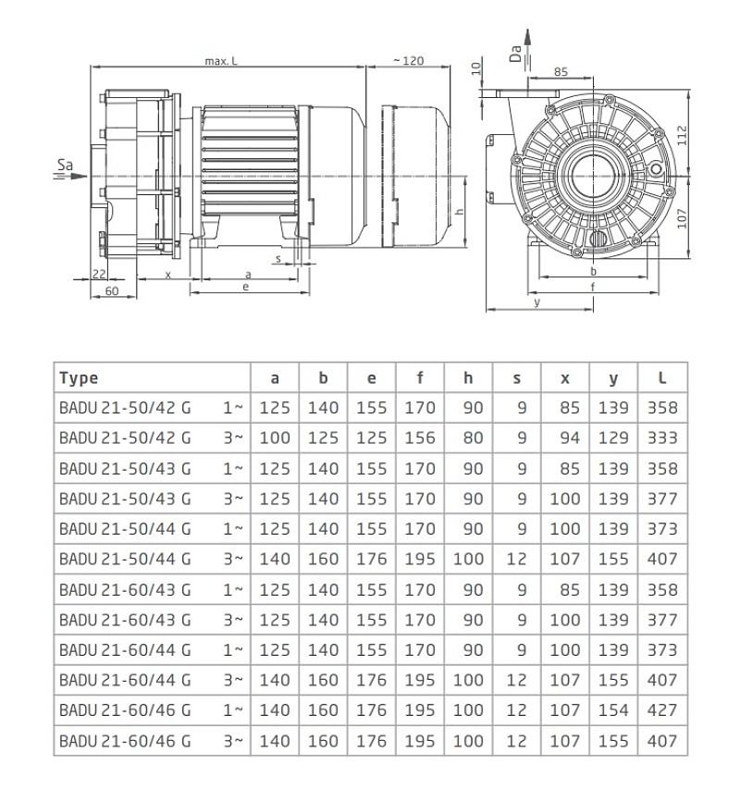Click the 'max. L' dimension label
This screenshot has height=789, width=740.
tap(221, 61)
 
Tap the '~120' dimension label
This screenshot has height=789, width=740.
tap(409, 61)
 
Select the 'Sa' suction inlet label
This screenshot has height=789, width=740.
tap(65, 165)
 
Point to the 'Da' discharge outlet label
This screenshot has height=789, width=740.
tap(515, 54)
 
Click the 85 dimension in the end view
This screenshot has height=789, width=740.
tap(561, 72)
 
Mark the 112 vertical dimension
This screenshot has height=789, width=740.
tap(681, 136)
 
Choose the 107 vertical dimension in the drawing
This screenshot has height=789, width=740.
tap(681, 218)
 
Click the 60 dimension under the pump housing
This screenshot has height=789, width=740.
tap(112, 290)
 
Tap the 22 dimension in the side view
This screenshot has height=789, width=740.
tap(100, 274)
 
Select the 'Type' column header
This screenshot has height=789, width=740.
tap(79, 378)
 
